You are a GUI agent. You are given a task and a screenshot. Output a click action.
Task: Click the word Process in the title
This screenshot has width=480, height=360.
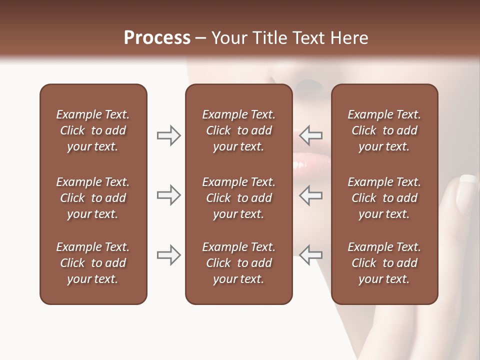[157, 38]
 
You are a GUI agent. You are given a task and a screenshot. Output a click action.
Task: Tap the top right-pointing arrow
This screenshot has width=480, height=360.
[168, 135]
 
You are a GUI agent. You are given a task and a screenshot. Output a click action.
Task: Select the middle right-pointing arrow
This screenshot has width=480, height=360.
[168, 195]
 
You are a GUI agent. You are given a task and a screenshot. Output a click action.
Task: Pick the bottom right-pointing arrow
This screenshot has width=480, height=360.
[168, 255]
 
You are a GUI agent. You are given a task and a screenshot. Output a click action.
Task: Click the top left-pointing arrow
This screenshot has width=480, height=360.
[311, 135]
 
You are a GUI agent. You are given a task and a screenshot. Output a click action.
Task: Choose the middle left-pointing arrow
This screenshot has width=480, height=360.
[311, 195]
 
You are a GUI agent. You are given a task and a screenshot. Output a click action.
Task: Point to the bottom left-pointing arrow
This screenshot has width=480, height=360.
[311, 255]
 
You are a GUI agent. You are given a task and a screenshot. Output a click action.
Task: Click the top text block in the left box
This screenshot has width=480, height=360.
[93, 130]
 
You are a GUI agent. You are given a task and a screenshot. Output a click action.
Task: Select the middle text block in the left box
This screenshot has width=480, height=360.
[93, 198]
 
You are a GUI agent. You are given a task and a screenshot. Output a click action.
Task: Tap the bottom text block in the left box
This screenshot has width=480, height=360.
[93, 263]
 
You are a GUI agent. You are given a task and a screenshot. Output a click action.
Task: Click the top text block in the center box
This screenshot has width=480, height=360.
[238, 130]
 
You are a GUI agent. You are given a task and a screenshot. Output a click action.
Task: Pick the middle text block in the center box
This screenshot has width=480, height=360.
[238, 198]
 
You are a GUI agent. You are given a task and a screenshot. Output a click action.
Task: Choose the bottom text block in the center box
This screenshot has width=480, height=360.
[238, 263]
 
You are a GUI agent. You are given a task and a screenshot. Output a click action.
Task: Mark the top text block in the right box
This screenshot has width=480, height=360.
[384, 130]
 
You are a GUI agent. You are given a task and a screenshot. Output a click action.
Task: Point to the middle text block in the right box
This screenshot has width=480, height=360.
[384, 198]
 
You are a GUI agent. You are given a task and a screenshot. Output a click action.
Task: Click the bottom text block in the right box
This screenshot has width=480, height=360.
[384, 263]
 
